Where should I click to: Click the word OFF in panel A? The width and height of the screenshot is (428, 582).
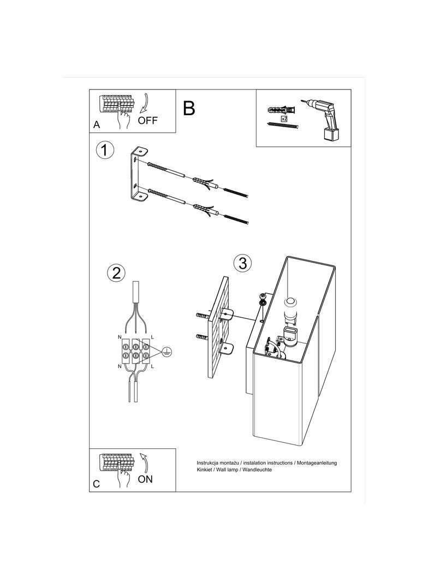tap(148, 120)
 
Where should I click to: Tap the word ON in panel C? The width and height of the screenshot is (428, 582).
tap(145, 479)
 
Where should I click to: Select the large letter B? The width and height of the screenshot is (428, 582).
tap(189, 108)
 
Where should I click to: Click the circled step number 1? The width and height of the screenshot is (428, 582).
tap(105, 150)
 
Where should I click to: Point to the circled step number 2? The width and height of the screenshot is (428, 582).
tap(116, 273)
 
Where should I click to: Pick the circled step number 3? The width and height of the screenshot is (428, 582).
tap(243, 263)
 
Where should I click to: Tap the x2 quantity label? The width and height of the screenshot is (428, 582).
tap(284, 119)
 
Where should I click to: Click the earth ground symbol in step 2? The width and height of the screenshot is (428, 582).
tap(167, 352)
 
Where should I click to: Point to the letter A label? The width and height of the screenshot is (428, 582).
tap(97, 124)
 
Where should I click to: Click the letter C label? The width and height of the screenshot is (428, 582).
tap(97, 484)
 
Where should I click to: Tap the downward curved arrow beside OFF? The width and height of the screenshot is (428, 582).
tap(144, 103)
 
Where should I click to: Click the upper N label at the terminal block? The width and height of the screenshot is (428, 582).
tap(120, 337)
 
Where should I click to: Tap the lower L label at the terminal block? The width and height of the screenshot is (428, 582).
tap(152, 366)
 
